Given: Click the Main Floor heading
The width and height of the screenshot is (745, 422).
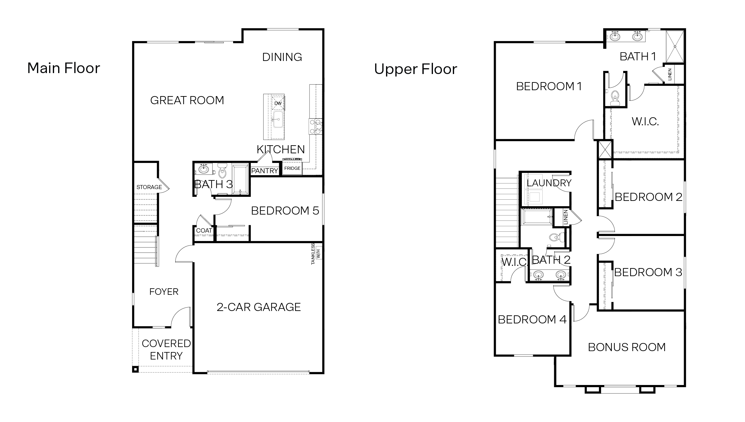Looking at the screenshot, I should click(64, 68).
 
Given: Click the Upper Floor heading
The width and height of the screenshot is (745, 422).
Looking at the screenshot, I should click(416, 69).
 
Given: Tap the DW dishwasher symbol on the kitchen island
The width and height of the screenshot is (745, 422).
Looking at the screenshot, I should click(278, 103).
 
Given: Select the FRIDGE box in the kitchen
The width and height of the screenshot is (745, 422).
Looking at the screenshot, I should click(292, 168).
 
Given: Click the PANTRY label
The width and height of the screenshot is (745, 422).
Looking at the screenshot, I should click(264, 171).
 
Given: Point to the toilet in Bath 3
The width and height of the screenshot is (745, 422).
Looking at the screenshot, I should click(222, 171).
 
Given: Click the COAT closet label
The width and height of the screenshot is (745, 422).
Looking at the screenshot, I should click(204, 230).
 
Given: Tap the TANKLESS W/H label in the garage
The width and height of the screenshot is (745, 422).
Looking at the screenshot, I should click(315, 254).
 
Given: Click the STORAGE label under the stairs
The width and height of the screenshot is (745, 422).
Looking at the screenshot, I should click(149, 187).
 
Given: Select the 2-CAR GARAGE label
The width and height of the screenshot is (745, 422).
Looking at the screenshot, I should click(259, 307).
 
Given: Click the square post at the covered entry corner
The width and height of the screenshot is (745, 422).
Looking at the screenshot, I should click(135, 369).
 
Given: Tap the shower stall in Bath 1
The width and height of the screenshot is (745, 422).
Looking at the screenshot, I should click(675, 47).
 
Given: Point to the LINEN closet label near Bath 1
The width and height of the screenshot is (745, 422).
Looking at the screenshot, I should click(670, 74).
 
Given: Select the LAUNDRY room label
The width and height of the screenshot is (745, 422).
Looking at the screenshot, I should click(549, 183).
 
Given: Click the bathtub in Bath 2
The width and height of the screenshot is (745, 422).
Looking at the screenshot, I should click(537, 217).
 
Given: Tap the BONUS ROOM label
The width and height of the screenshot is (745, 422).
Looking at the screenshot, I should click(627, 347).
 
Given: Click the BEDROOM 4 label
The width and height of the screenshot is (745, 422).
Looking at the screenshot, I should click(532, 319).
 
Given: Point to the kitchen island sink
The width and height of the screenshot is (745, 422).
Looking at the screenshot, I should click(278, 120).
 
